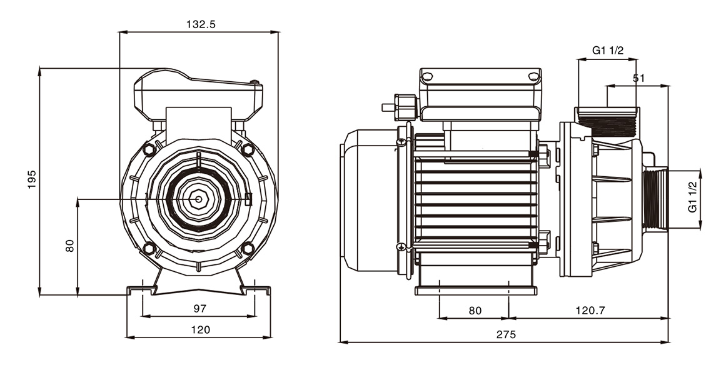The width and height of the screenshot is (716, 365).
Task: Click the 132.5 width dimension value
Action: (200, 25)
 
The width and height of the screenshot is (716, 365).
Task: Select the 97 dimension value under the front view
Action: (200, 308)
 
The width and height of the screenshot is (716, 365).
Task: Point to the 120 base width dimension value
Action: (200, 329)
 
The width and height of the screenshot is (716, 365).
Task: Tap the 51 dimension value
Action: (638, 78)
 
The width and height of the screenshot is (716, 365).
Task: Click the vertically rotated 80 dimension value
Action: (70, 246)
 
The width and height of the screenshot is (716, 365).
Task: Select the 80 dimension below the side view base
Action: (475, 310)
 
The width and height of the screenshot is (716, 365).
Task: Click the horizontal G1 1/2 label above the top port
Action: (608, 51)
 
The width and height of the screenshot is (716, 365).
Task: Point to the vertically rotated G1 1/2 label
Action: (692, 196)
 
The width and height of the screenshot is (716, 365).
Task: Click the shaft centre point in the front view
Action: (198, 199)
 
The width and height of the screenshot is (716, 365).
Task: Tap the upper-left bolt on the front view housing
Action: (149, 151)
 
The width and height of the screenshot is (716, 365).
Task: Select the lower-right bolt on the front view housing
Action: (248, 249)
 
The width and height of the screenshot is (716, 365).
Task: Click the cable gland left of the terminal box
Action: (403, 106)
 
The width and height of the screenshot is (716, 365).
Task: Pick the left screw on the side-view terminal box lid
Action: (428, 77)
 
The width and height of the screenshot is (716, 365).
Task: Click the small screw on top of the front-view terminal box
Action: (254, 82)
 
